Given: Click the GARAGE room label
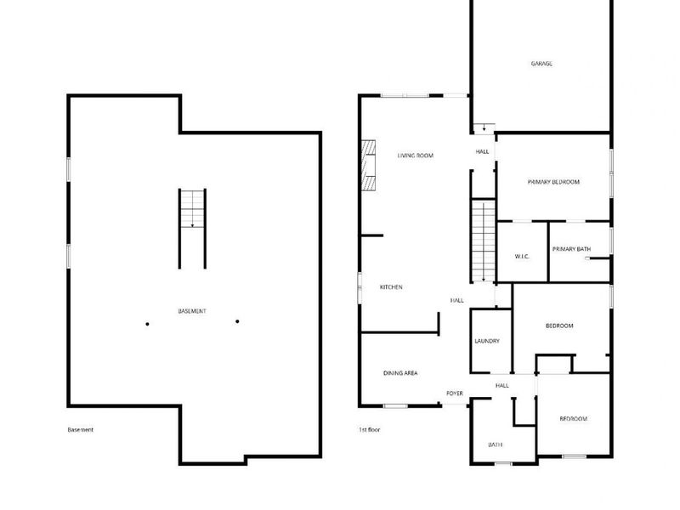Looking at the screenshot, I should pos(541,64).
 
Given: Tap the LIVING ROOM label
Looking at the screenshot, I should pos(416,156).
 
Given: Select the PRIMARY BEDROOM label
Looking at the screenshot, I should pos(553,182).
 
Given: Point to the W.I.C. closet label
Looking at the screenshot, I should pos(523,256).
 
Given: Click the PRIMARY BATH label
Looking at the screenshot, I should pos(571,249).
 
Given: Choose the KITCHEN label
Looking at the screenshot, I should pos(391,287).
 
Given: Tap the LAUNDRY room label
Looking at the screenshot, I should pos(487,341).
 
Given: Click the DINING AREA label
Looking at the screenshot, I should pos(400,373).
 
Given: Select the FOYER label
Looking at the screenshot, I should pos(455,394).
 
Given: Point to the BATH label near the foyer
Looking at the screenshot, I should pos(495,445).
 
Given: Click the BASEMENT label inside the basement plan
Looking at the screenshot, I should pos(192,311).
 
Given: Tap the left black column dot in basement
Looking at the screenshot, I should pos(147,322).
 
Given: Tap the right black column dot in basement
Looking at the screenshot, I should pos(237,321).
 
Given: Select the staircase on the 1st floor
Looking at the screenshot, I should pos(483,242).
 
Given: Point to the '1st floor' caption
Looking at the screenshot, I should pos(370,430).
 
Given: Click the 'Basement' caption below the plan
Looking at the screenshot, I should pos(81,430).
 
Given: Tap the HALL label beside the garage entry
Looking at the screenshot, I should pos(483,151).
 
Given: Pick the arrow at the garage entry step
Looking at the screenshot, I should pos(484,127).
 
